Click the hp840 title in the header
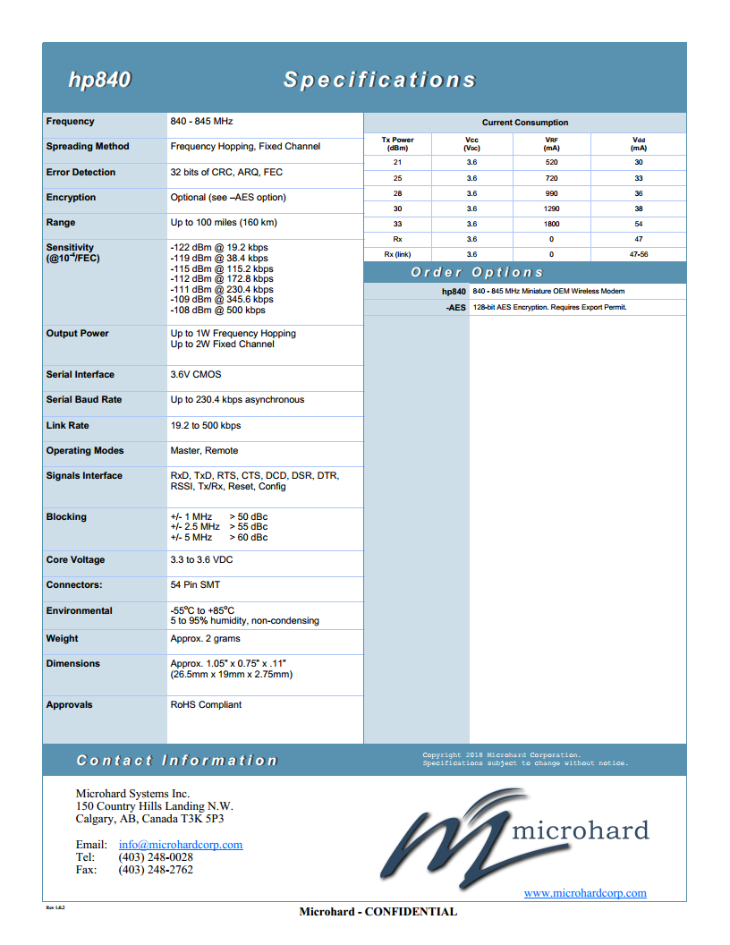tap(99, 81)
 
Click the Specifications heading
tap(379, 81)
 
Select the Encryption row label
tap(71, 198)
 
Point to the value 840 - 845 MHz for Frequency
tap(201, 122)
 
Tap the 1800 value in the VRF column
tap(551, 224)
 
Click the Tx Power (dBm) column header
tap(397, 144)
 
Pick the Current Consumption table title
tap(524, 123)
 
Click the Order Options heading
tap(477, 272)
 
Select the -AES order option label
tap(456, 307)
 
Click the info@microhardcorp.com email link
tap(181, 845)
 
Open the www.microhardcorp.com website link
tap(585, 893)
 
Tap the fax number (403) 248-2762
tap(156, 870)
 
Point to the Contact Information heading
tap(177, 761)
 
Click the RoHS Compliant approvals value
tap(206, 705)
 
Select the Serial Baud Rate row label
tap(84, 400)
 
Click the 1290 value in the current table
tap(551, 209)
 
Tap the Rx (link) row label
tap(397, 254)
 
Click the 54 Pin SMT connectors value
tap(195, 585)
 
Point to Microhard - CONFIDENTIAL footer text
tap(378, 912)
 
